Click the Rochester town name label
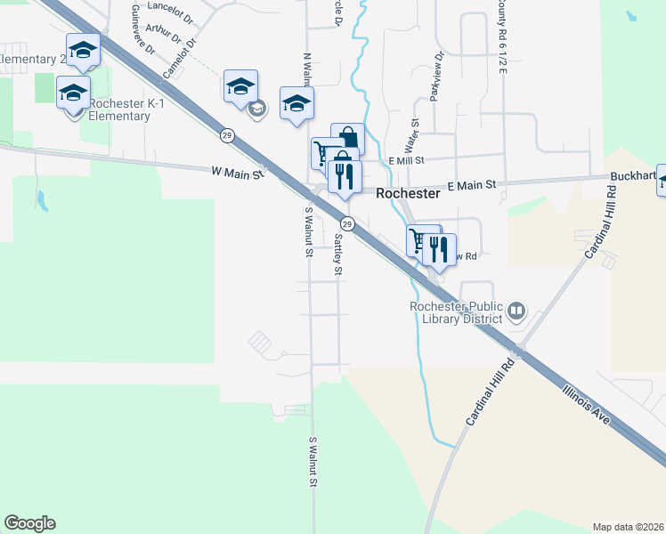tap(408, 193)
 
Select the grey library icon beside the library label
tap(516, 311)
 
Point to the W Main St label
tap(239, 172)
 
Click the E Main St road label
tap(471, 185)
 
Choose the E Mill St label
tap(407, 160)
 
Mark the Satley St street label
tap(338, 255)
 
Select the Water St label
tap(415, 133)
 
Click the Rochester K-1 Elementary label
tap(119, 109)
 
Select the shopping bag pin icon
tap(347, 138)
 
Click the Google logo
tap(29, 523)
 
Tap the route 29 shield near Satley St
tap(348, 223)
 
